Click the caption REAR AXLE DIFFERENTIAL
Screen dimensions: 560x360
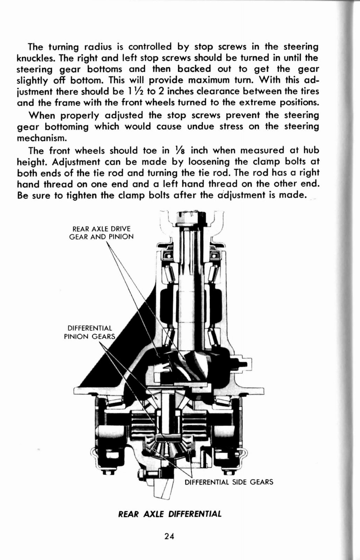pyautogui.click(x=170, y=514)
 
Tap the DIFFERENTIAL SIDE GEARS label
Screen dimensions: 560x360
pyautogui.click(x=229, y=482)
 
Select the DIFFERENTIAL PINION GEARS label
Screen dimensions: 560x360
pyautogui.click(x=90, y=332)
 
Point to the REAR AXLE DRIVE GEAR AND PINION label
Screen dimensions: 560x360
pyautogui.click(x=101, y=232)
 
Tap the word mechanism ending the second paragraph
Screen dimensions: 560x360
pyautogui.click(x=42, y=138)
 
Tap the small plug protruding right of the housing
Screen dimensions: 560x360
pyautogui.click(x=245, y=364)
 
